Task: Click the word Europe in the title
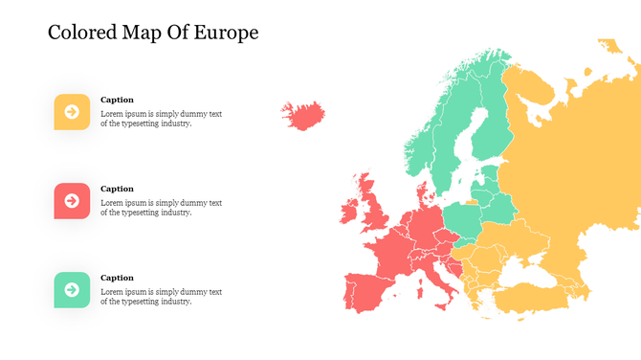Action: [x=228, y=33]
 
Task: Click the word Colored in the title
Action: [x=84, y=33]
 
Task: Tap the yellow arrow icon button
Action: [x=72, y=112]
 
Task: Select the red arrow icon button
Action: [x=72, y=201]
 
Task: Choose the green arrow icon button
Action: [x=72, y=289]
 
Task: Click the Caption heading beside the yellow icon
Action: [x=117, y=100]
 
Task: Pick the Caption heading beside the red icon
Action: [x=117, y=189]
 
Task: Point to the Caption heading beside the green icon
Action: [x=117, y=278]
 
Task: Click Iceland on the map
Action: [x=305, y=116]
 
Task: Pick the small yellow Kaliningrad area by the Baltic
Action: [x=472, y=202]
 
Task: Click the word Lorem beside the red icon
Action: [x=113, y=203]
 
